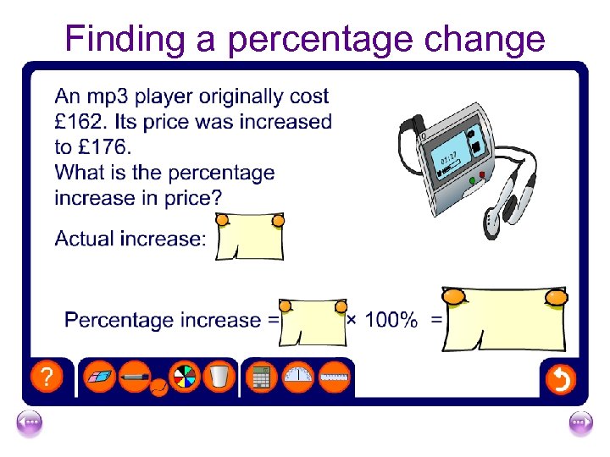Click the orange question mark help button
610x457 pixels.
(47, 377)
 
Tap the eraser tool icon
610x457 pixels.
(102, 376)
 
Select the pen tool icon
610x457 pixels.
(136, 376)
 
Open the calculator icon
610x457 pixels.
(262, 377)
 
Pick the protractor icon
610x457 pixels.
(298, 377)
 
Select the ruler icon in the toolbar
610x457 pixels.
(335, 377)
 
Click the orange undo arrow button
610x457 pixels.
(560, 379)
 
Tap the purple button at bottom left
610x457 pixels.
(30, 424)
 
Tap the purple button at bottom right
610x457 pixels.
(580, 424)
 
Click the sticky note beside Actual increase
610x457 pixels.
(250, 237)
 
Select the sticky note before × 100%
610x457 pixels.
(313, 322)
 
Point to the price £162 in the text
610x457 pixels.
(80, 122)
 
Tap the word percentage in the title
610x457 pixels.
(331, 39)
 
